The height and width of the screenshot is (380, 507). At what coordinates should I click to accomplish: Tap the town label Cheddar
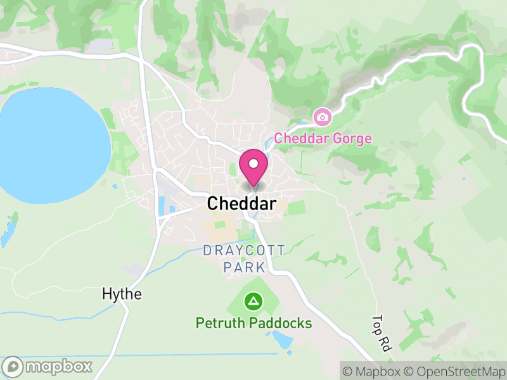point(241,204)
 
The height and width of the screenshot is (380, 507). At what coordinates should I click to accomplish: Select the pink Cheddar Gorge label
point(323,138)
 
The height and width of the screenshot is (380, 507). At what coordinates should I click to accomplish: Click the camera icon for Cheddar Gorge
point(322,117)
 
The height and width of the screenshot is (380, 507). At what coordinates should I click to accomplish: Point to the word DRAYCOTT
point(244,251)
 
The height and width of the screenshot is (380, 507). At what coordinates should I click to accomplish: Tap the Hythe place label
point(122,294)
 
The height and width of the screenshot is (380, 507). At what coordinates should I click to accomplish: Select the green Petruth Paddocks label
point(253,324)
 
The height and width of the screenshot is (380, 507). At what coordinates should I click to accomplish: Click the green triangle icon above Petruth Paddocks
point(253,301)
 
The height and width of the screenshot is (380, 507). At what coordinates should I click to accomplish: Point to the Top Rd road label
point(382,334)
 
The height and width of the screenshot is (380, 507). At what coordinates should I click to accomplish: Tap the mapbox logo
point(48,366)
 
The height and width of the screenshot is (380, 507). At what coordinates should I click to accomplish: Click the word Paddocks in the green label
point(281,324)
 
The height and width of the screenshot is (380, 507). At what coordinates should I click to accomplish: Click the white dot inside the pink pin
point(253,163)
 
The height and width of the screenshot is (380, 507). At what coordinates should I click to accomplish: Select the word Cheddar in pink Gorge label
point(300,138)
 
